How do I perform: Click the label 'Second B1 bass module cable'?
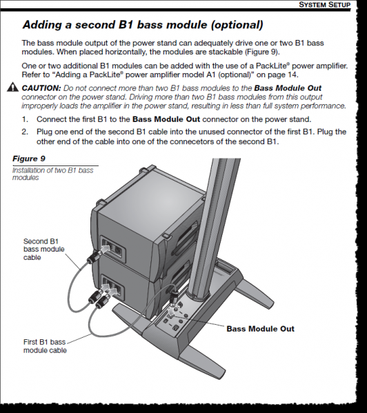41,250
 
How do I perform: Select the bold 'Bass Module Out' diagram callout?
261,329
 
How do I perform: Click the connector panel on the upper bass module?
112,246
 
